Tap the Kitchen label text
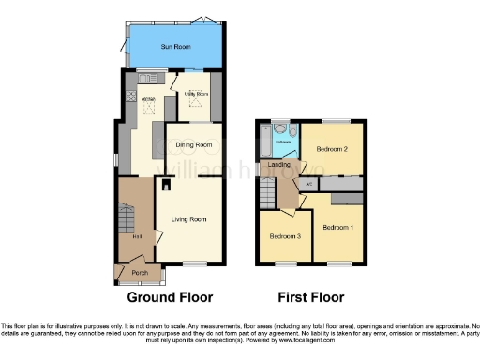[x=147, y=98]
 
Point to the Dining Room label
[x=193, y=145]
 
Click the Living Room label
[x=188, y=219]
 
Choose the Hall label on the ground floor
[x=137, y=237]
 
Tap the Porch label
[x=140, y=273]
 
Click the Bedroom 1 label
[x=338, y=228]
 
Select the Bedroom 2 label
[x=332, y=150]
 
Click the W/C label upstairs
[x=308, y=184]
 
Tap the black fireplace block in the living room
[x=166, y=184]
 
